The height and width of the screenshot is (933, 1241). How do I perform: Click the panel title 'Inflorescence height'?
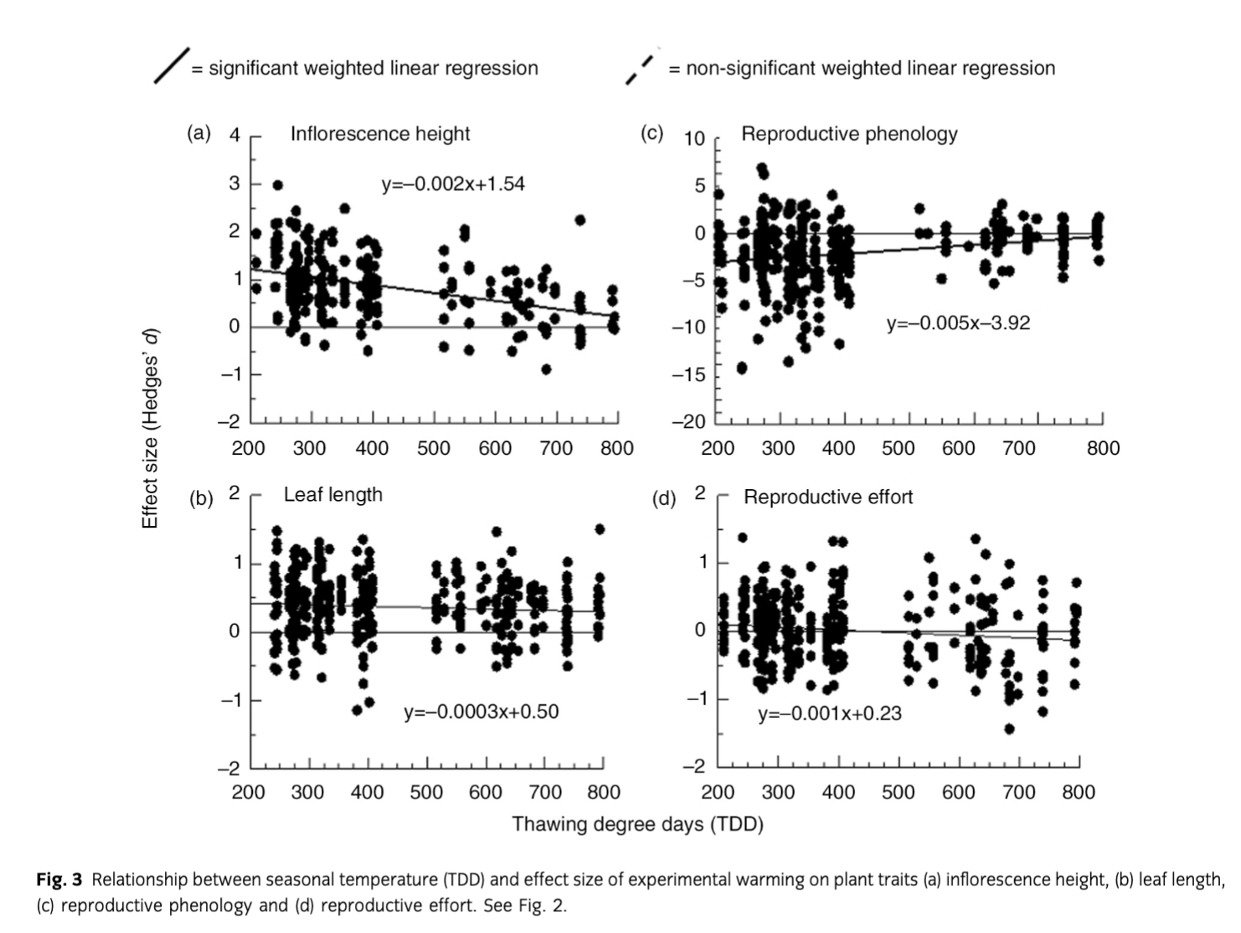380,134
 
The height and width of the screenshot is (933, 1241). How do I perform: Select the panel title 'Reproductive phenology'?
849,134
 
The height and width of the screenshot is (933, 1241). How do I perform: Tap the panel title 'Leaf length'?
333,494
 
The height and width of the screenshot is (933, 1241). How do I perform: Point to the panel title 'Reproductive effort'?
828,497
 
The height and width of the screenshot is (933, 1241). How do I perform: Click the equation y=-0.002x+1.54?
453,184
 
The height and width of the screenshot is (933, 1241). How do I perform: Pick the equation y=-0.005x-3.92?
959,322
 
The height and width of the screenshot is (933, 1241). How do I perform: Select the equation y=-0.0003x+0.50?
481,712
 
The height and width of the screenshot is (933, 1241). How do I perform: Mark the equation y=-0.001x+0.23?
830,714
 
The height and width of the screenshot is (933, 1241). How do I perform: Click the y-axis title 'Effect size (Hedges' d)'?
151,428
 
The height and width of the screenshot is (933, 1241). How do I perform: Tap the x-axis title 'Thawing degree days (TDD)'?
638,824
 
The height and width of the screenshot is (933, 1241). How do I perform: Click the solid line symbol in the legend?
171,65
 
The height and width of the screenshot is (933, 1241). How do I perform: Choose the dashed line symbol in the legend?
642,65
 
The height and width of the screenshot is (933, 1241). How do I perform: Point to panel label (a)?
198,133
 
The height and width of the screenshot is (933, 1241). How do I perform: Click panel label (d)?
664,499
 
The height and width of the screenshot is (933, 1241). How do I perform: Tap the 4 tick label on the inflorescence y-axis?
234,136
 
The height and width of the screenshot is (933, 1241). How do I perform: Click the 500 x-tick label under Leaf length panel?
427,792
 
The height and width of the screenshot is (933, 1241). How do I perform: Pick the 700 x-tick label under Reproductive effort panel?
1018,792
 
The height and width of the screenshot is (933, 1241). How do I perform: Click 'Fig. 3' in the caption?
59,879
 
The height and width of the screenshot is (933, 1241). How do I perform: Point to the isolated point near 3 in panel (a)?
278,185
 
